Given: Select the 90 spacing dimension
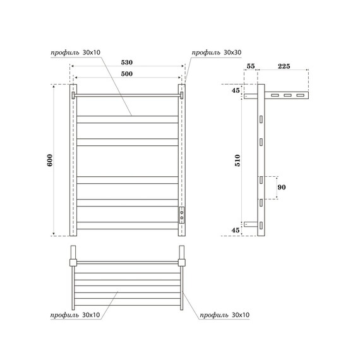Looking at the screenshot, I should [x=282, y=188].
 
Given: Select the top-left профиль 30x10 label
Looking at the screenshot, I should [x=76, y=51].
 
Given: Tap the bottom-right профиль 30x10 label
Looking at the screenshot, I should [x=224, y=315].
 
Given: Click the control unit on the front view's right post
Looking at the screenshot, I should [x=182, y=214].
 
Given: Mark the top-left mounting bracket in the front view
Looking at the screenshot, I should [x=74, y=95].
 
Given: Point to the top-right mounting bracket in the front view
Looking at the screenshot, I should [x=182, y=95].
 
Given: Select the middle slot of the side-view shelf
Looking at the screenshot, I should [x=286, y=96].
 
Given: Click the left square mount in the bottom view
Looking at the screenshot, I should [x=73, y=261].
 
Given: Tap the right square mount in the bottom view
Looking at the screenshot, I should [x=183, y=261].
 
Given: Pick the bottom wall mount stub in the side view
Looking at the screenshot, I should [x=250, y=224].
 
